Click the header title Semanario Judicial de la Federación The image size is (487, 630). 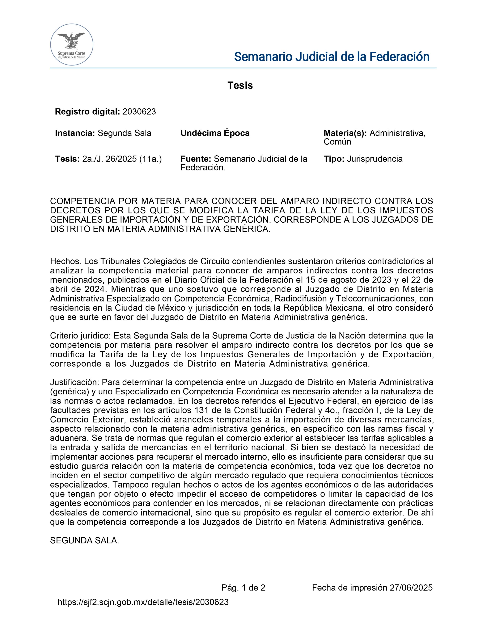332,57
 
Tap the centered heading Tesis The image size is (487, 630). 240,85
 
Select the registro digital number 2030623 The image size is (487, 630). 139,112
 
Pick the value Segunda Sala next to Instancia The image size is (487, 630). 124,133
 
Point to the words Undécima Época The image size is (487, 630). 215,133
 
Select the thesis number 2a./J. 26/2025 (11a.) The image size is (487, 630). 122,159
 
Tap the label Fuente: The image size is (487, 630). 196,159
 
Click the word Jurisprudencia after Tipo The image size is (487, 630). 375,159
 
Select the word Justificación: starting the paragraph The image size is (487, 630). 74,383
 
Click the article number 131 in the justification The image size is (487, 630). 201,410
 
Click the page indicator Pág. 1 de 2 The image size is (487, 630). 243,588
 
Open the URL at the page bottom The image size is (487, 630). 143,602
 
